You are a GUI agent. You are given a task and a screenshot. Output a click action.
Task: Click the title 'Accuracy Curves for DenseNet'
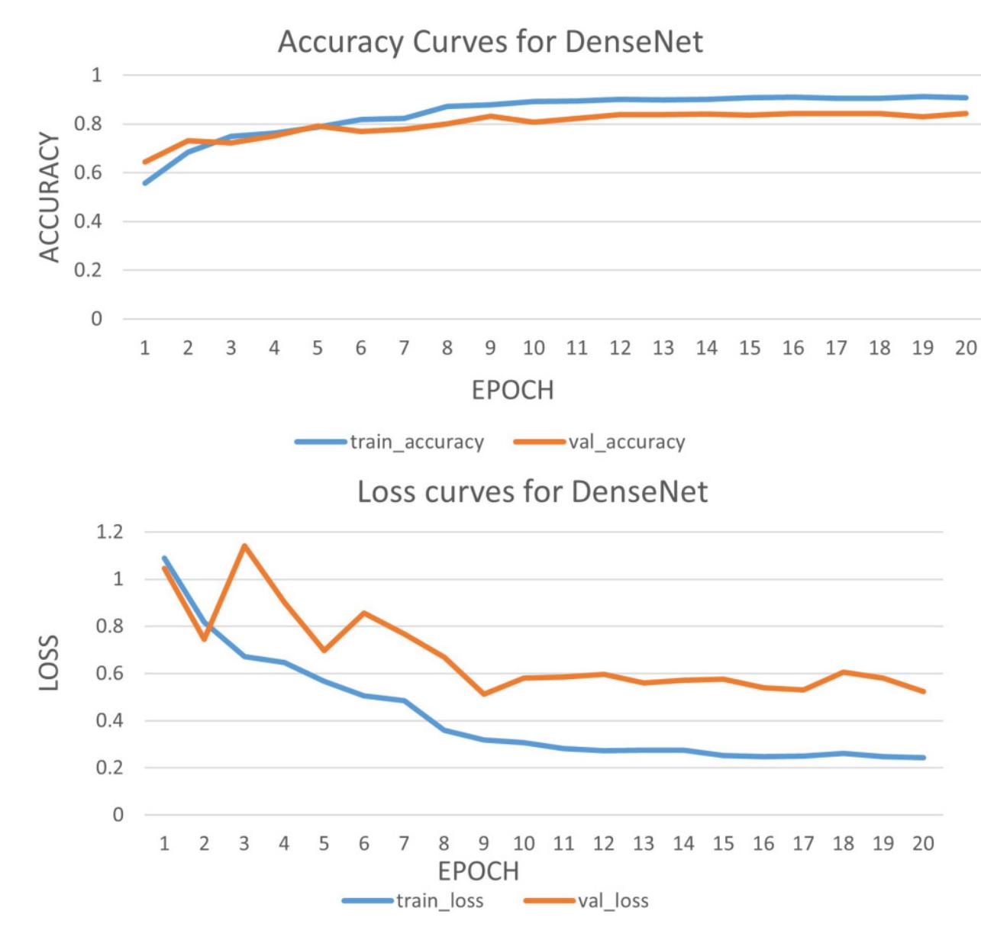(x=490, y=41)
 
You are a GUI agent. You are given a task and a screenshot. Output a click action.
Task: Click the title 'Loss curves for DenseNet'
(x=532, y=492)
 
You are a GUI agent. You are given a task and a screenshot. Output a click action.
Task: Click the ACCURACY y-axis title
(x=49, y=197)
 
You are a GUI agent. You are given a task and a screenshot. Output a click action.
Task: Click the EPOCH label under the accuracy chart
(x=512, y=390)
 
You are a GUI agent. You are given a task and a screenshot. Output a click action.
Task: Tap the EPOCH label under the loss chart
(x=478, y=871)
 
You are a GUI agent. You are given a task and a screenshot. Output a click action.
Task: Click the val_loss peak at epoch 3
(x=244, y=546)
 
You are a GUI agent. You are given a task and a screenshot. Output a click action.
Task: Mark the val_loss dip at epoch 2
(x=204, y=639)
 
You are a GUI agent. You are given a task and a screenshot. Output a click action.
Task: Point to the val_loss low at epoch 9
(x=484, y=694)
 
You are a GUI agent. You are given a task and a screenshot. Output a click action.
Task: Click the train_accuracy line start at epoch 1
(x=145, y=183)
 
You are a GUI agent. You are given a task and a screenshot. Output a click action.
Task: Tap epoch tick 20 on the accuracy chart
(x=966, y=348)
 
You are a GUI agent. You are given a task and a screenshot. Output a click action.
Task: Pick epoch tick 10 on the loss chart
(x=524, y=843)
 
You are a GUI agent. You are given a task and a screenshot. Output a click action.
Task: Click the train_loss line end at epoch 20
(x=924, y=758)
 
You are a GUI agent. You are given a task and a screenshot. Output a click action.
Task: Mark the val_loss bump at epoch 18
(x=844, y=672)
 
